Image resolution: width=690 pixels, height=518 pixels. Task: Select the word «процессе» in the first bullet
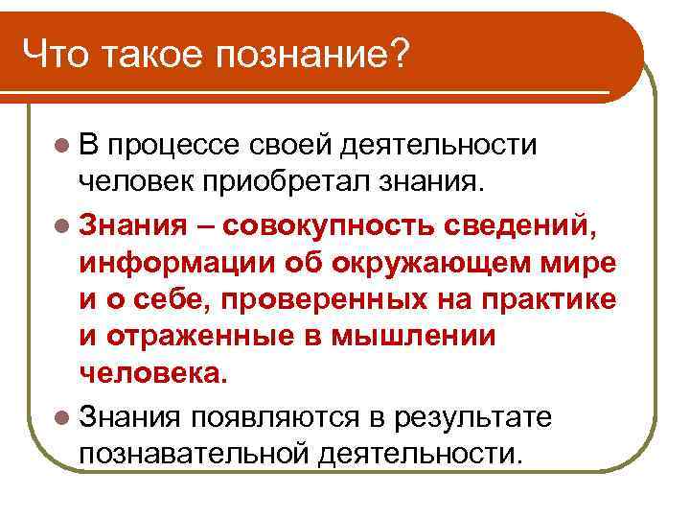tap(174, 145)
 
